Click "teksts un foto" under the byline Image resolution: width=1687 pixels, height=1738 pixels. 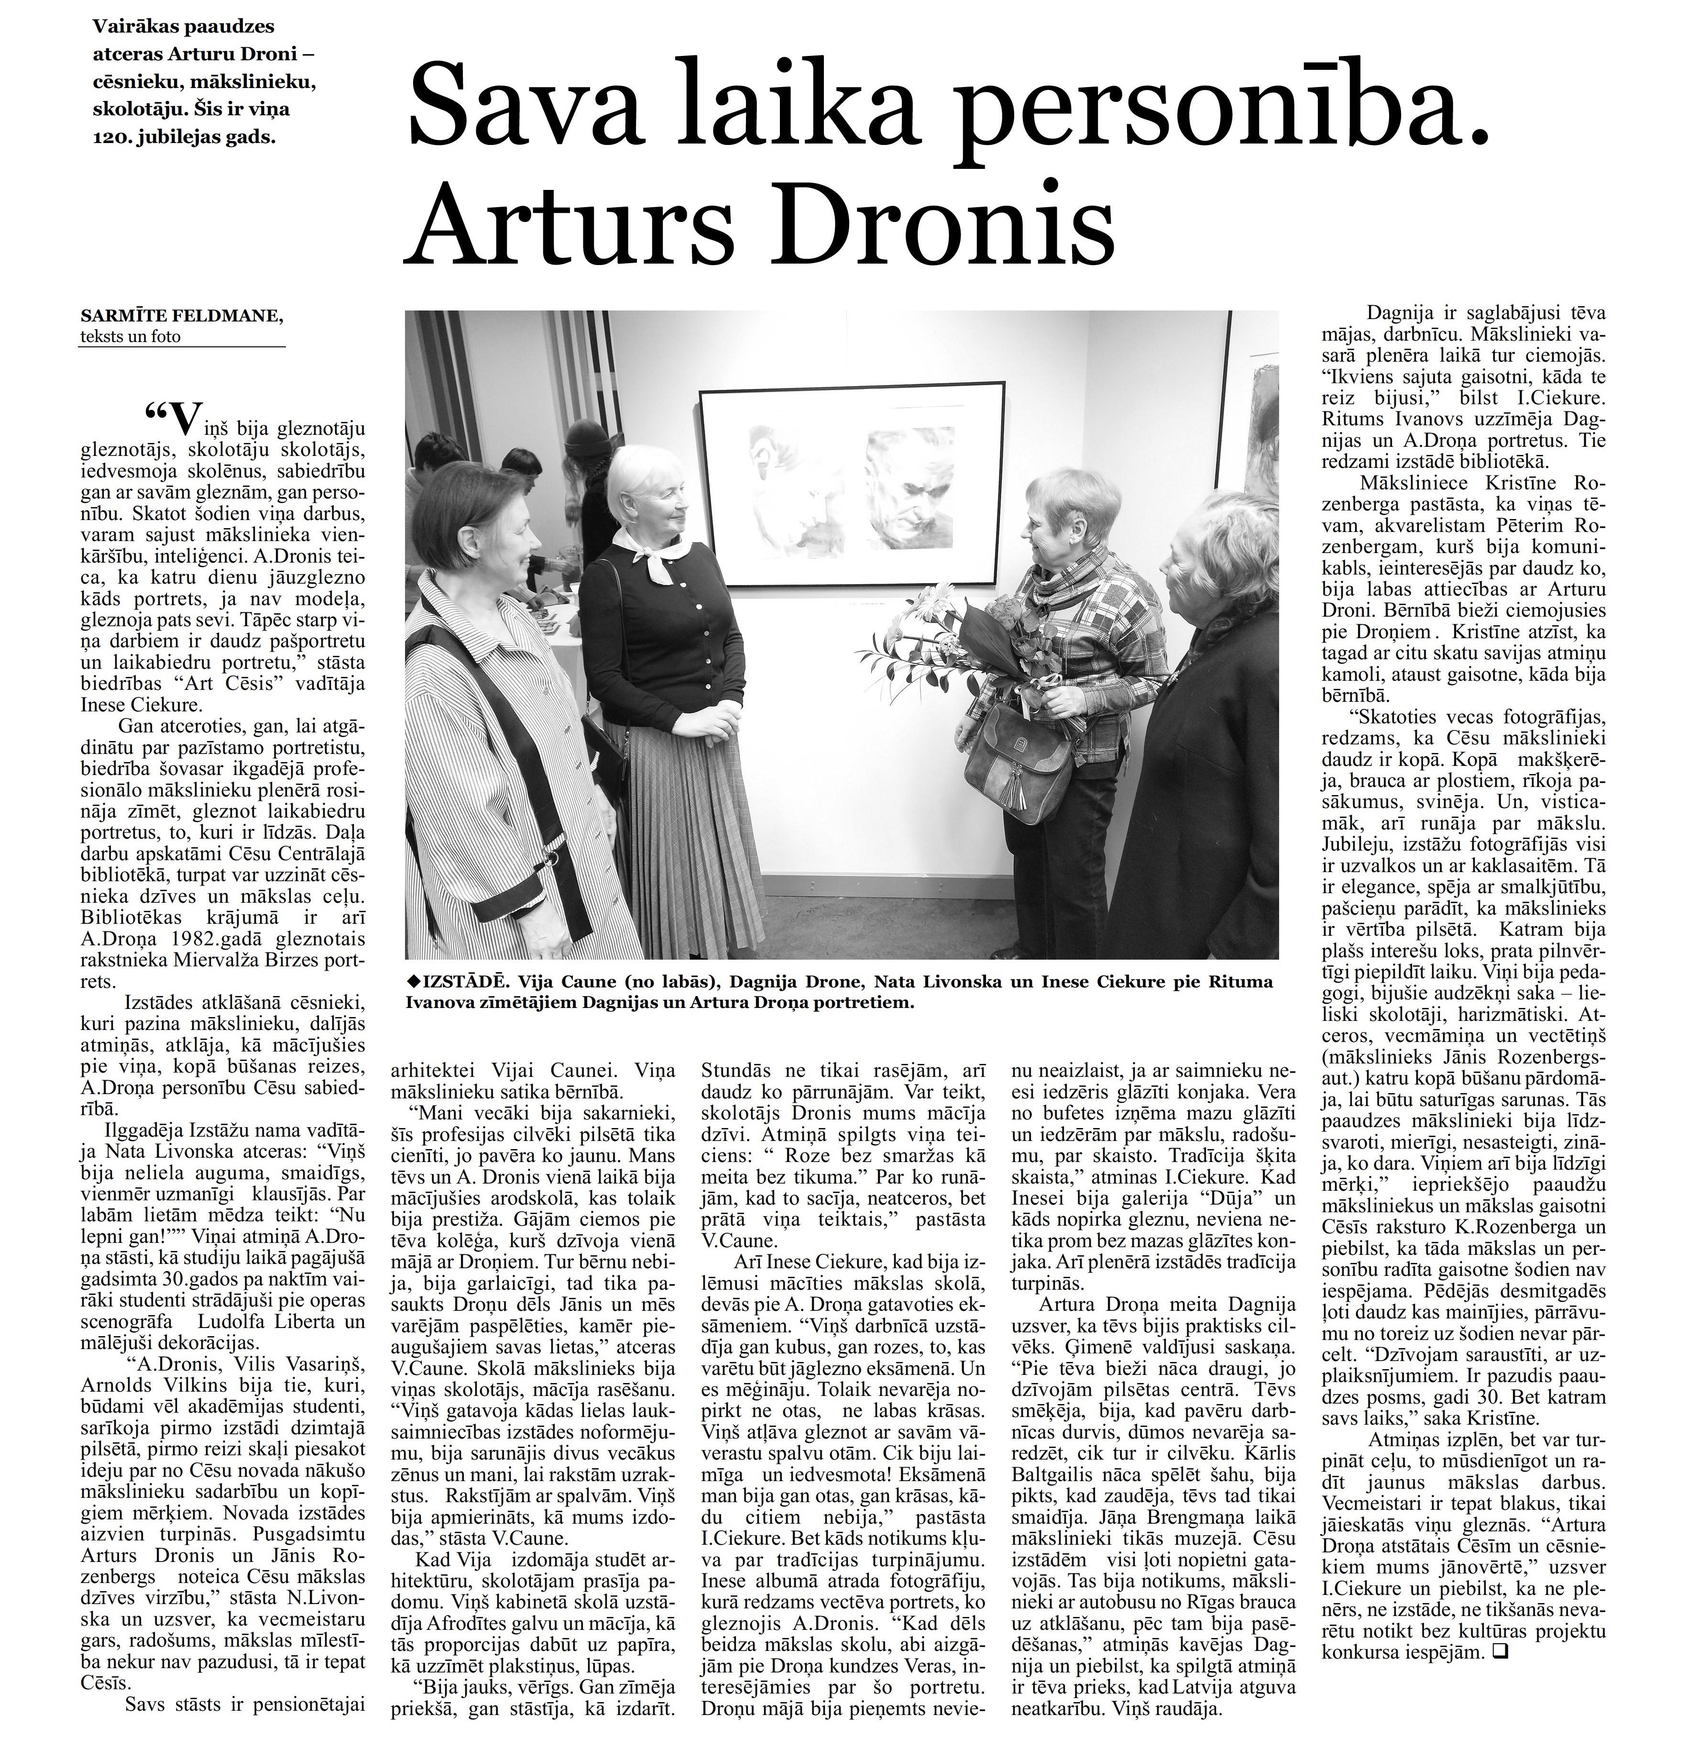[x=130, y=336]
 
